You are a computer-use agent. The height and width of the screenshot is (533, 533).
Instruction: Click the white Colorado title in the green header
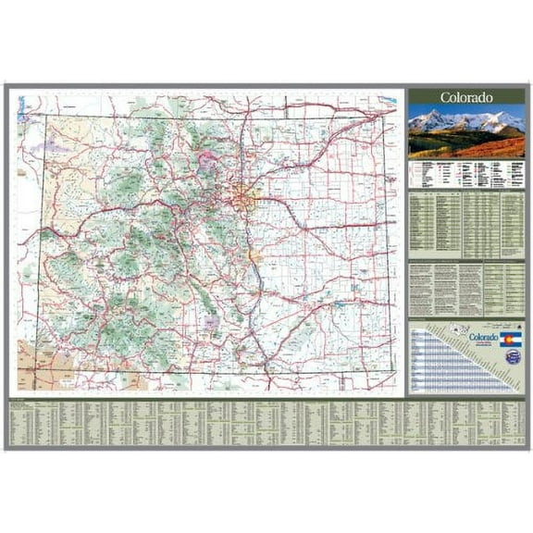coord(465,97)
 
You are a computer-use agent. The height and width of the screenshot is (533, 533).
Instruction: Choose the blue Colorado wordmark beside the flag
coord(482,338)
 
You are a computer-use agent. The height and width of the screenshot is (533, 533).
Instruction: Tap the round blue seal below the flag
coord(514,357)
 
